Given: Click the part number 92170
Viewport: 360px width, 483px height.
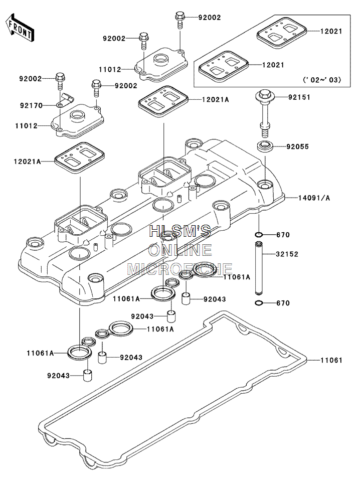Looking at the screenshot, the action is click(31, 105).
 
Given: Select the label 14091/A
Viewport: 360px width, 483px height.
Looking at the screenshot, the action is click(314, 198).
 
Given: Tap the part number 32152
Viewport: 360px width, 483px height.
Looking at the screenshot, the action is click(287, 254).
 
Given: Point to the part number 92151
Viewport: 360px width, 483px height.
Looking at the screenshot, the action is click(299, 97).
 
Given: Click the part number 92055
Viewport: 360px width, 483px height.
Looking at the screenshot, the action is click(297, 146).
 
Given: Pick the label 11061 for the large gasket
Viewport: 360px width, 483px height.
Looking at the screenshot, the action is click(331, 360).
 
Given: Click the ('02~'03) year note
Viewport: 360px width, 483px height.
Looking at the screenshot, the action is click(322, 80).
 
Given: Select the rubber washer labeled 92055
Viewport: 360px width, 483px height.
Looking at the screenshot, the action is click(265, 145).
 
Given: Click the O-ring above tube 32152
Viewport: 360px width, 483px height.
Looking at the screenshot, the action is click(259, 235).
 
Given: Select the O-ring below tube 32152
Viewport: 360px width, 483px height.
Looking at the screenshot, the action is click(259, 303).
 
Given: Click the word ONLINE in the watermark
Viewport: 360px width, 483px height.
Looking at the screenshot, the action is click(180, 250).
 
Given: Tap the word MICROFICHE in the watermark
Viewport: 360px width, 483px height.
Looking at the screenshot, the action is click(180, 269).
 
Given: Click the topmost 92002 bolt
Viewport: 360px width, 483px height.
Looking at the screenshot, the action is click(179, 21).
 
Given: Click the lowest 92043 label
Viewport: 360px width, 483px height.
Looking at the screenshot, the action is click(59, 376).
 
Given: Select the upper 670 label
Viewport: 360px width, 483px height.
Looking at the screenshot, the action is click(283, 235).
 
